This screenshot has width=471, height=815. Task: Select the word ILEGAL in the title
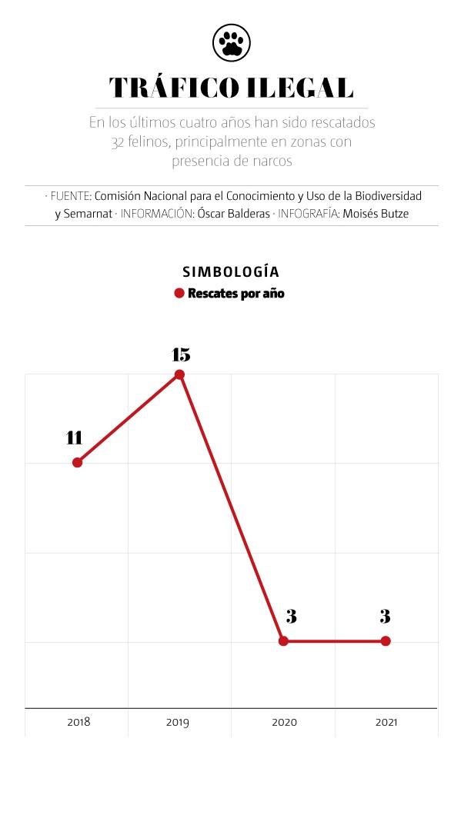[300, 88]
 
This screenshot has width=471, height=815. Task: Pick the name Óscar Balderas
[233, 214]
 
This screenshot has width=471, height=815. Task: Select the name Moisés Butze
[376, 214]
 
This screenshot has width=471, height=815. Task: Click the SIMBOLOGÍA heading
[231, 272]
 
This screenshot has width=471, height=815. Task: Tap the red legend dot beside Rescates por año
[179, 293]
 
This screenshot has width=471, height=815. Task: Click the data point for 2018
[77, 462]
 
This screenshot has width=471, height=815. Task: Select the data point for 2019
[179, 374]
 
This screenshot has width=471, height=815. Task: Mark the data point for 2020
[283, 640]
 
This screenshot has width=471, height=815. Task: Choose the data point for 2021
[386, 640]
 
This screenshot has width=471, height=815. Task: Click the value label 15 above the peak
[180, 354]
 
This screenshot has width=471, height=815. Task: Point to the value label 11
[74, 438]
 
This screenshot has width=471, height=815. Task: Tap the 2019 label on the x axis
[178, 723]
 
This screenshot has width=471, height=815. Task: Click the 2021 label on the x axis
[386, 723]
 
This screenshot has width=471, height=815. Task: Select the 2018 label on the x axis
[78, 723]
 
